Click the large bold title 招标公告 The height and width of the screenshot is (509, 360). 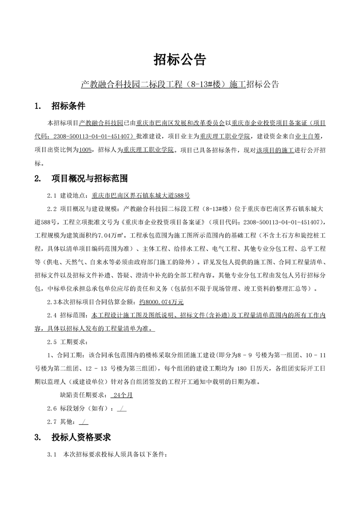pyautogui.click(x=180, y=59)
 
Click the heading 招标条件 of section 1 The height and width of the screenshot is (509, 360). pyautogui.click(x=68, y=107)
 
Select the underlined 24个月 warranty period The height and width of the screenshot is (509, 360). pyautogui.click(x=123, y=395)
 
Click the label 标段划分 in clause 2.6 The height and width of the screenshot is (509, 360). pyautogui.click(x=73, y=408)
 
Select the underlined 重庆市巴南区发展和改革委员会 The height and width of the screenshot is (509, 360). pyautogui.click(x=181, y=122)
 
